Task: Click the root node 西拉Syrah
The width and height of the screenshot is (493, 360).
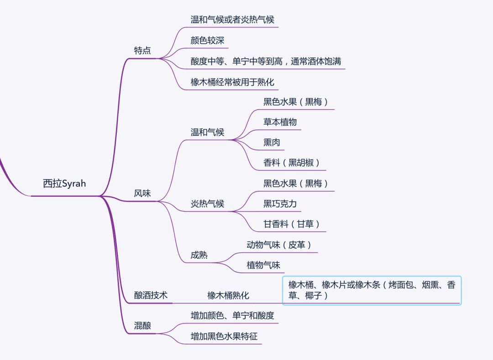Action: [x=64, y=184]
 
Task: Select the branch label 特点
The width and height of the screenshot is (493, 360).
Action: [x=142, y=51]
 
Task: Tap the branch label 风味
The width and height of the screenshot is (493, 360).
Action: [x=142, y=193]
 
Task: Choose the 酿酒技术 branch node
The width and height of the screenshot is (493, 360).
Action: [x=151, y=295]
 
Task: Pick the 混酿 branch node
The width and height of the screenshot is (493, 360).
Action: [x=142, y=326]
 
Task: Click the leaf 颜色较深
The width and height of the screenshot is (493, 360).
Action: [x=207, y=41]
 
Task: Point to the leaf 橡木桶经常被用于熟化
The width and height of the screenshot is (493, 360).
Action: [x=232, y=83]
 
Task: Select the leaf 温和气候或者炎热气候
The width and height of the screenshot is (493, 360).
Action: [x=232, y=20]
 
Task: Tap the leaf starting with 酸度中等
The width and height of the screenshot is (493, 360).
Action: [x=266, y=61]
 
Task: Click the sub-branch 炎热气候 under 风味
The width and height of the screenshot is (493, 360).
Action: [x=207, y=203]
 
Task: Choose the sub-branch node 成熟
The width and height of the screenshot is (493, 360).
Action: [x=199, y=255]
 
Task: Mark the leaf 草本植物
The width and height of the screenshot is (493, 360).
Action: [x=280, y=122]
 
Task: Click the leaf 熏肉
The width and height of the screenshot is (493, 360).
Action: [x=272, y=142]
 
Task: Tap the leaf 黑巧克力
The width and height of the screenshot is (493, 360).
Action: [x=280, y=203]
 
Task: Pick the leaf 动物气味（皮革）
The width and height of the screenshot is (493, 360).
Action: [x=279, y=245]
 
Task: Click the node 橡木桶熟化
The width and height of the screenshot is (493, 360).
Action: [x=228, y=295]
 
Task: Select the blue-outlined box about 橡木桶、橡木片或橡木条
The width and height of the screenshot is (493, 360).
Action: [x=372, y=290]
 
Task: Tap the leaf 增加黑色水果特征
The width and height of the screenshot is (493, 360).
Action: [x=224, y=336]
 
